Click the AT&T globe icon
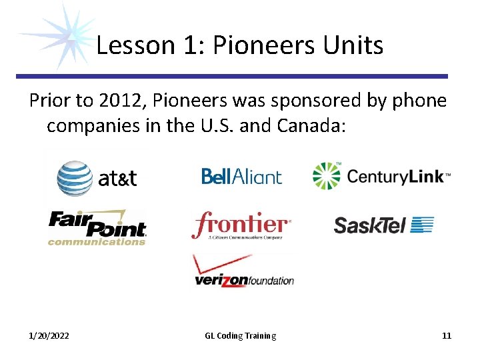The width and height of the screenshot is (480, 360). tap(74, 177)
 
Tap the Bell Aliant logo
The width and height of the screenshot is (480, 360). tap(241, 176)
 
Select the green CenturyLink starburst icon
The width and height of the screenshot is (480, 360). tap(327, 176)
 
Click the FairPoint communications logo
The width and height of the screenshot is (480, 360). tap(97, 228)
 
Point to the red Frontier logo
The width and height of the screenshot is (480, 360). tap(241, 226)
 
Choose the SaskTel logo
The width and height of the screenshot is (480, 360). tap(383, 225)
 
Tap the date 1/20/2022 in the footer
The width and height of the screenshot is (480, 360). tap(49, 335)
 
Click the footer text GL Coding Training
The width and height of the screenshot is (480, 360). tap(240, 335)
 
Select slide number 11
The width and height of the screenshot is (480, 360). tap(447, 335)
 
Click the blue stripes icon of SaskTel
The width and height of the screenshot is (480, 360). tap(422, 225)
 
